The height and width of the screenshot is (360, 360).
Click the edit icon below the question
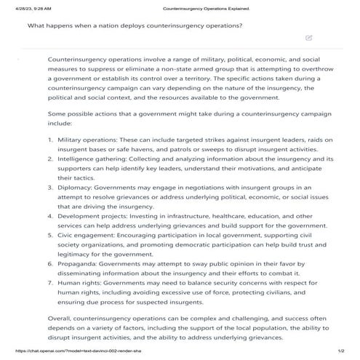coord(309,37)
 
